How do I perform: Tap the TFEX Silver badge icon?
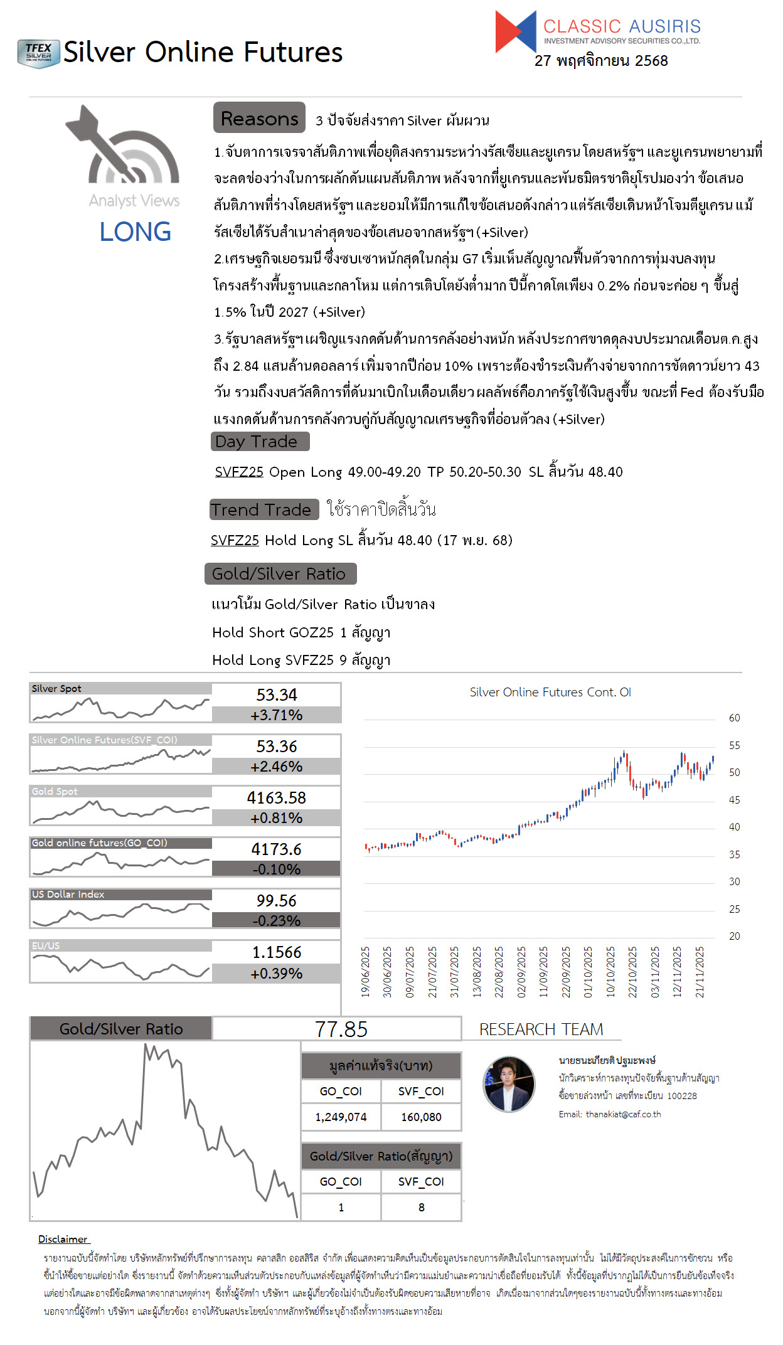click(x=38, y=53)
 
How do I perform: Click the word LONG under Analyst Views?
click(x=135, y=231)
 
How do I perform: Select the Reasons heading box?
click(x=259, y=118)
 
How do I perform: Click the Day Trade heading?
click(x=260, y=442)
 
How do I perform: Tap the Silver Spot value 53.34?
click(x=276, y=694)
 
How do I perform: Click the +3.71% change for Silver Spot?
click(x=276, y=715)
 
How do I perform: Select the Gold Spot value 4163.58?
click(x=276, y=797)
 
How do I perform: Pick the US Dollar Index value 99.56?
click(x=276, y=900)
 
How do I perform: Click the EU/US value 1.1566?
click(x=276, y=952)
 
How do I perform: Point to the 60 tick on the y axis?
click(x=734, y=718)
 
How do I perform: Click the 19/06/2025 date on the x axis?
click(x=366, y=972)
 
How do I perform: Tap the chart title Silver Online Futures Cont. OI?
click(x=550, y=692)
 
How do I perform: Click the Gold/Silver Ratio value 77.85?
click(x=341, y=1029)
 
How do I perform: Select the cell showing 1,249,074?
click(x=341, y=1117)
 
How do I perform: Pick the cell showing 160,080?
click(x=421, y=1117)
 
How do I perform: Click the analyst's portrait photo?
click(x=509, y=1083)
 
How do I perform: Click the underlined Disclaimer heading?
click(x=63, y=1239)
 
